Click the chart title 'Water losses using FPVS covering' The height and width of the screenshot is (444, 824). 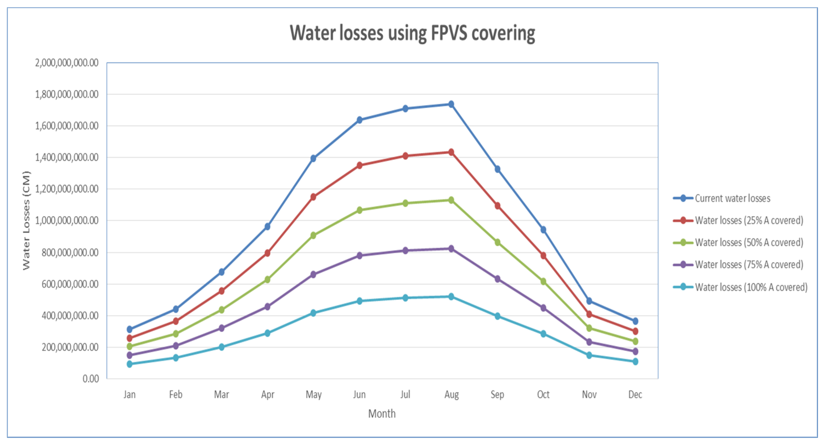coord(412,33)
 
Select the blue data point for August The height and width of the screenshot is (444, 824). coord(451,104)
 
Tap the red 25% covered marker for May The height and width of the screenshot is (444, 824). coord(313,197)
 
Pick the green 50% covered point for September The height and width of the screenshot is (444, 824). coord(497,242)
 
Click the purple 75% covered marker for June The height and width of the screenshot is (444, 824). coord(359,256)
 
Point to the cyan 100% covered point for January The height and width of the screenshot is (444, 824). coord(130,364)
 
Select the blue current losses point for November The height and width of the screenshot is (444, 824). coord(589,301)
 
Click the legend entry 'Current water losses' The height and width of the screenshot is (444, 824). coord(732,199)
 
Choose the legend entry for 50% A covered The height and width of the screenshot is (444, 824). coord(748,243)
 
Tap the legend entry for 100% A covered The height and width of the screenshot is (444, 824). coord(751,287)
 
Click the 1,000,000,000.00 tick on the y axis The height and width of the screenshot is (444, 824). coord(66,220)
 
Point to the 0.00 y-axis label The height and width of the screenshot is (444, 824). coord(91,379)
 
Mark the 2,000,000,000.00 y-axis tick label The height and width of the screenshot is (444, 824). coord(66,63)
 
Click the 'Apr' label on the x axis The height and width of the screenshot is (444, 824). coord(267,395)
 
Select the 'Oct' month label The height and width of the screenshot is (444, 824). coord(543,395)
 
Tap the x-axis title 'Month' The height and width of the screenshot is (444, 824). coord(382,413)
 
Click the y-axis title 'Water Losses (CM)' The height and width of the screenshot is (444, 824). coord(26,220)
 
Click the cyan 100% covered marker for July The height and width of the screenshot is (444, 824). coord(405,298)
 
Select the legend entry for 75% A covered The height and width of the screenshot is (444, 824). coord(748,265)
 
